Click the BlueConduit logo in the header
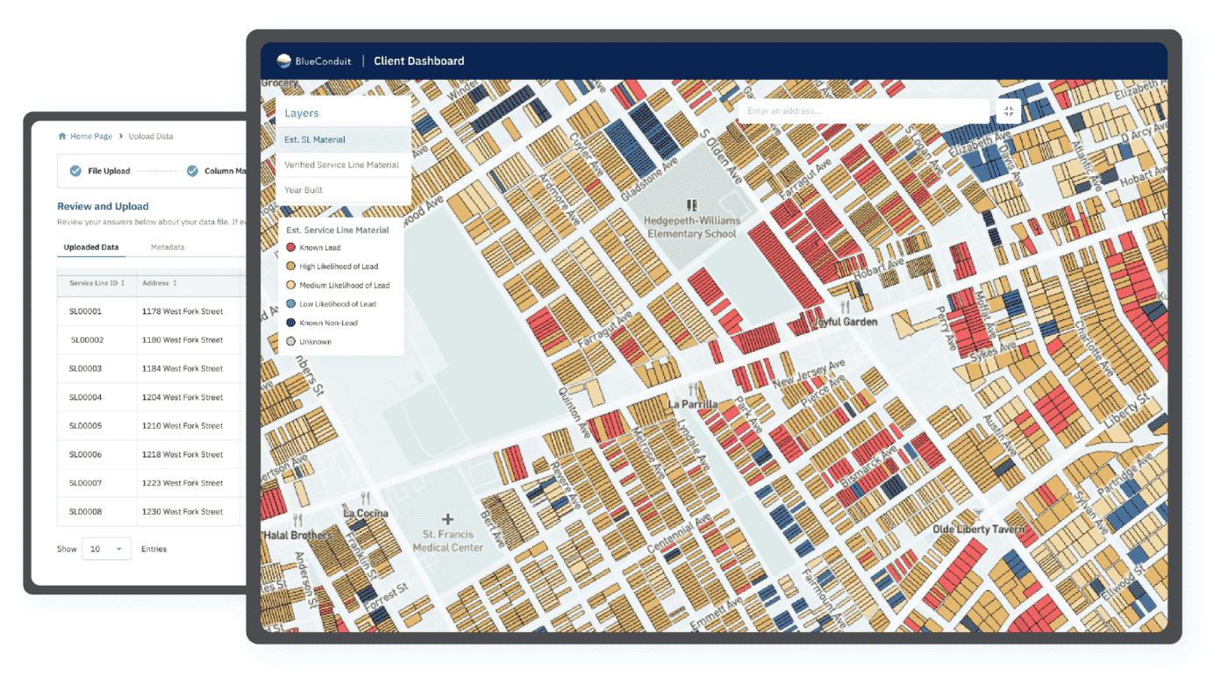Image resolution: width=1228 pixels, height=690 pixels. (x=313, y=61)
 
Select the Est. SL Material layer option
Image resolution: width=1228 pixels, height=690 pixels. (x=315, y=139)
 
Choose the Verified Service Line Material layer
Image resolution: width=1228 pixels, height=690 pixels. (x=341, y=165)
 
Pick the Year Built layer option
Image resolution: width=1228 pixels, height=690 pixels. (x=303, y=189)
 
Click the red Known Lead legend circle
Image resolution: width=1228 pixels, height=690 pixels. (x=291, y=248)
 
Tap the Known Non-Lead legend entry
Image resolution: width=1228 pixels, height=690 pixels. (x=328, y=323)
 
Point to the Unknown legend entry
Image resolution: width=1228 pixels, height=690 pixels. (x=315, y=341)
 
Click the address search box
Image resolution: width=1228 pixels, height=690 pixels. (x=863, y=111)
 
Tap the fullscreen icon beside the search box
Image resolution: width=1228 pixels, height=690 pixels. (x=1009, y=111)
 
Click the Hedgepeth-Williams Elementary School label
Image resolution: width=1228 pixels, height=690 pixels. (x=691, y=227)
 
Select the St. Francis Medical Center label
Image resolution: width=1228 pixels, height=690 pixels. (x=447, y=540)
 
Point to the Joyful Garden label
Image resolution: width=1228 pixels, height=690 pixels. (x=846, y=322)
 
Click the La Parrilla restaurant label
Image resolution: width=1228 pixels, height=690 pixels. (x=693, y=404)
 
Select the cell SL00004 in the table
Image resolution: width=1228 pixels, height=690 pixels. (x=86, y=397)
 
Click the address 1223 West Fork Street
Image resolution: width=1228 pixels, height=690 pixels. (x=182, y=483)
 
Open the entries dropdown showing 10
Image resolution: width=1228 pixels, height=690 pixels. (x=106, y=549)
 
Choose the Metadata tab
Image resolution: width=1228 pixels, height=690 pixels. (x=168, y=247)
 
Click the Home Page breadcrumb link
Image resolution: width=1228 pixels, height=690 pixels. (x=90, y=137)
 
